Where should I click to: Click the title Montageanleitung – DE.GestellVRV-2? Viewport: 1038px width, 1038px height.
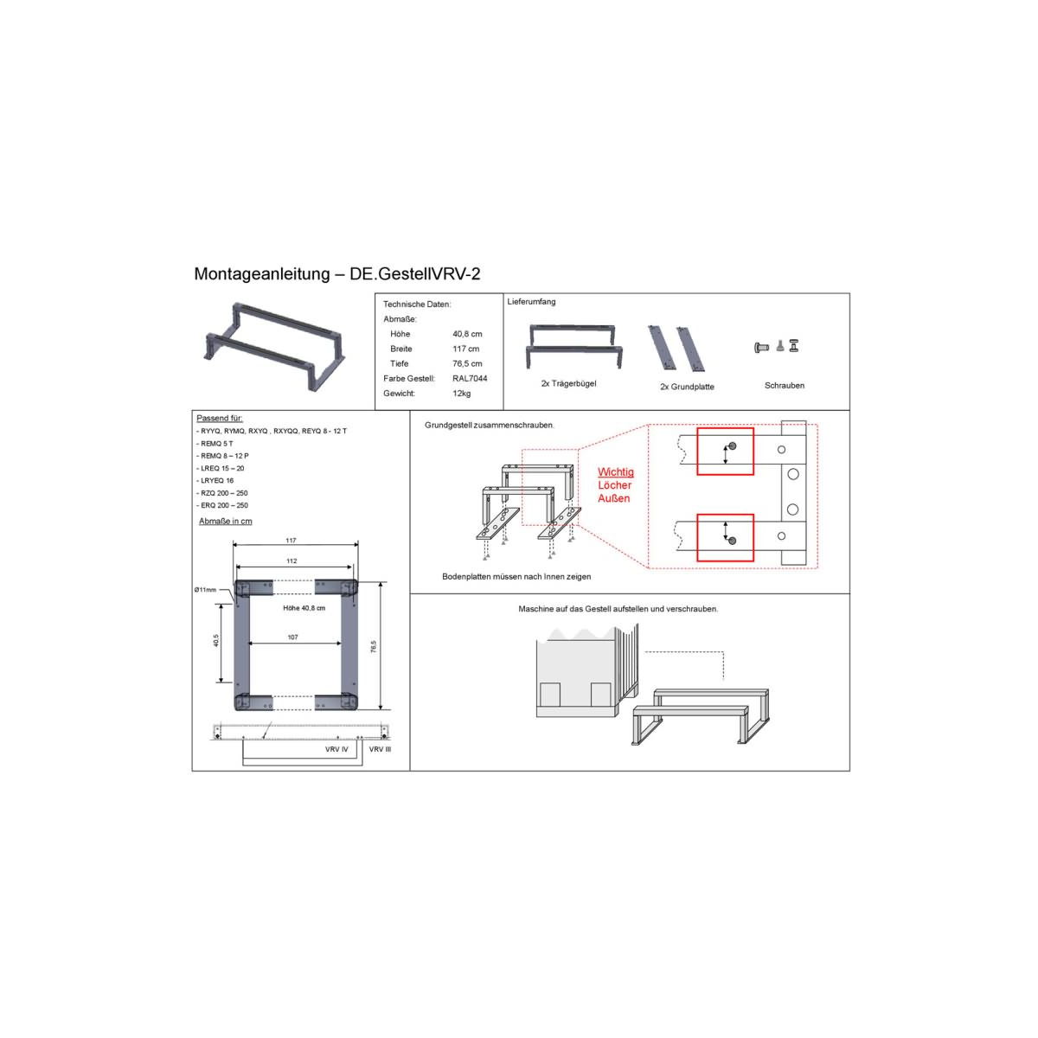pos(336,273)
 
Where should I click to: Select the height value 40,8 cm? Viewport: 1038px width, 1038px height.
pos(467,334)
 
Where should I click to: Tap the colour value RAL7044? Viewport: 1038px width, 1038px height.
pos(470,378)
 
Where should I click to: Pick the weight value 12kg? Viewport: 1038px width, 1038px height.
pos(462,394)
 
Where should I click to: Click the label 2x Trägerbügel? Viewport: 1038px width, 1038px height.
pos(568,383)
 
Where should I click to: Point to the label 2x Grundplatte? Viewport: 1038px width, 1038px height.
pos(687,387)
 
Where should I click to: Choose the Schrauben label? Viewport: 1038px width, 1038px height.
pos(785,385)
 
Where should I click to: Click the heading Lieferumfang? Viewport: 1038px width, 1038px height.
pos(531,302)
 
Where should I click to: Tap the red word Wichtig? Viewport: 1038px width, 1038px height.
pos(616,472)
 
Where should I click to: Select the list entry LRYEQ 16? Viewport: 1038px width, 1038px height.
pos(215,480)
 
